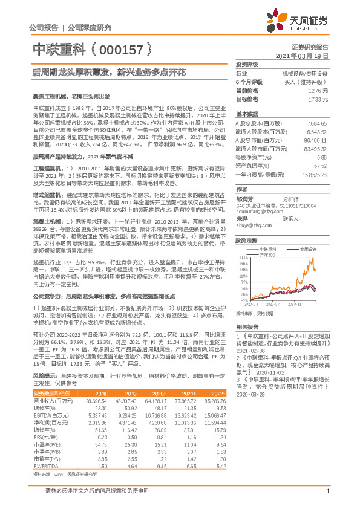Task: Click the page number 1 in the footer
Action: pyautogui.click(x=327, y=498)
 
